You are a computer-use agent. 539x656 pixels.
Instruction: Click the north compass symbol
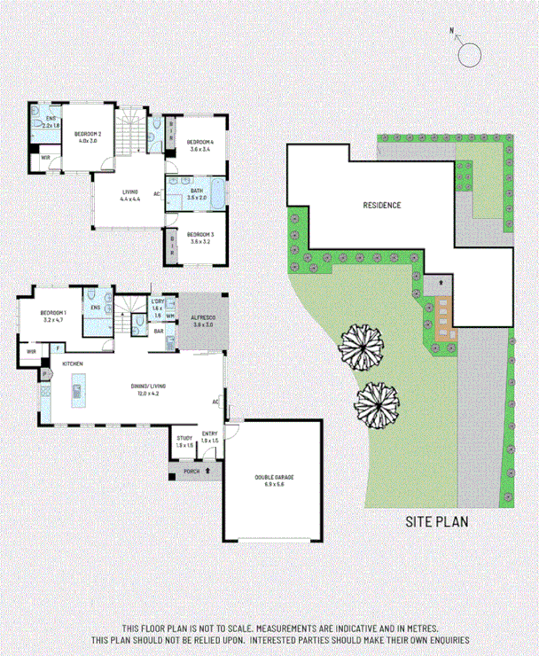pos(469,54)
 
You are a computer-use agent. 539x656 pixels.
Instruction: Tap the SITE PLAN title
pos(436,521)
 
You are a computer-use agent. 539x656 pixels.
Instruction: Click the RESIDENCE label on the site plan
pos(382,205)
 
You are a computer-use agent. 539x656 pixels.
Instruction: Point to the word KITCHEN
pos(73,364)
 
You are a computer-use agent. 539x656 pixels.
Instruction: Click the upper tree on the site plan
pos(362,346)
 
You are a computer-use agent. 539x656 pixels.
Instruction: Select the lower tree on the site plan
pos(377,406)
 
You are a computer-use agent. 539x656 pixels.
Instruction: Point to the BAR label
pos(160,332)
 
